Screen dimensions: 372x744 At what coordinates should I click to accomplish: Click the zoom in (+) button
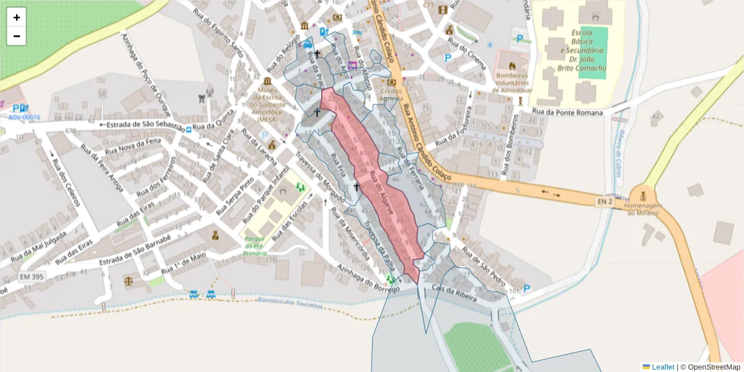pyautogui.click(x=17, y=17)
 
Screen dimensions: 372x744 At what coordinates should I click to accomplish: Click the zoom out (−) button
pyautogui.click(x=17, y=36)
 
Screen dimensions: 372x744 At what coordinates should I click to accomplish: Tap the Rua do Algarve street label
pyautogui.click(x=379, y=194)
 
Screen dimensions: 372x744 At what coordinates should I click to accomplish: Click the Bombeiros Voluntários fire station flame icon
pyautogui.click(x=512, y=65)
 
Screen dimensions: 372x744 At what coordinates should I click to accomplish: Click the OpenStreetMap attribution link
pyautogui.click(x=714, y=367)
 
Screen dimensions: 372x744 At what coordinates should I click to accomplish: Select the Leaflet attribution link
pyautogui.click(x=663, y=367)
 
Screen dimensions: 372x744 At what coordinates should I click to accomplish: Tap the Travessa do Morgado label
pyautogui.click(x=319, y=176)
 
